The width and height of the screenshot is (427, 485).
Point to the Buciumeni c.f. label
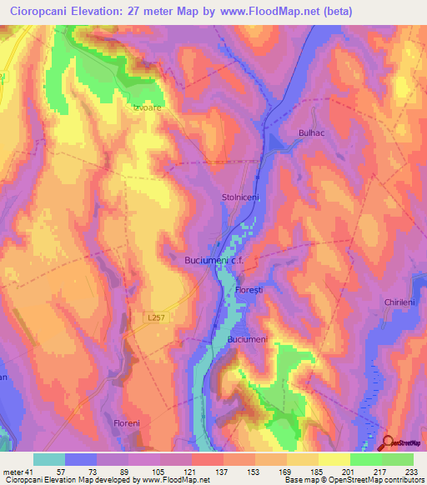[213, 261]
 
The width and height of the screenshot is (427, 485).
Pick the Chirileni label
[400, 303]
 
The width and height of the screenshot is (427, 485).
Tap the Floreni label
[128, 424]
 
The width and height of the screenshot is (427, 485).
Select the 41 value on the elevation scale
[30, 472]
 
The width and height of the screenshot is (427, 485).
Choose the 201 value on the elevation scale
[334, 472]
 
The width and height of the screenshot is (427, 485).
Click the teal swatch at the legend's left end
[49, 459]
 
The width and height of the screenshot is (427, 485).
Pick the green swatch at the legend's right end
[398, 459]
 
